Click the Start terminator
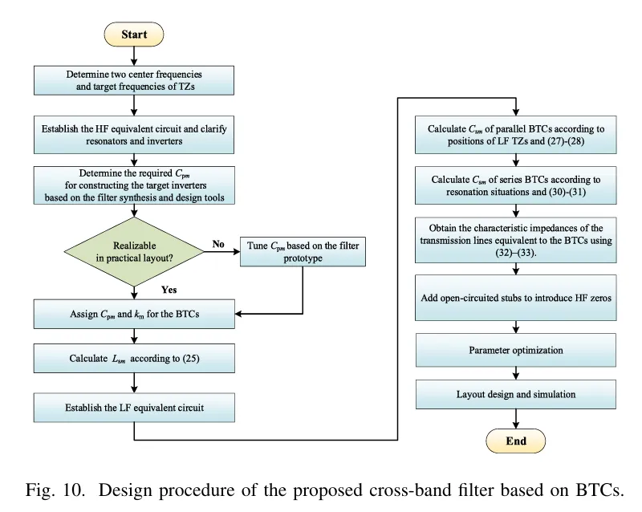point(134,35)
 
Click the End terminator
point(516,441)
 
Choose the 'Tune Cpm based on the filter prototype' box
point(303,252)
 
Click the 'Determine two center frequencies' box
point(134,80)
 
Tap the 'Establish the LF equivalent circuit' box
point(134,408)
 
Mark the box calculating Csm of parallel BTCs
point(517,136)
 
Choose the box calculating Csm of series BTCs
point(517,186)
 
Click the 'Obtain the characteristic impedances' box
point(517,239)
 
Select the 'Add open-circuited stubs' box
point(517,298)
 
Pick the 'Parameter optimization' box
point(517,350)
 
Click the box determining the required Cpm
point(134,186)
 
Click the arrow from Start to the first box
point(134,55)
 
